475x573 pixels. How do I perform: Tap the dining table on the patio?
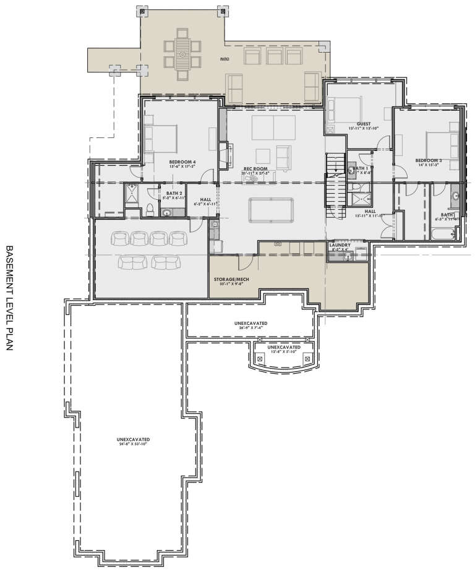(183, 55)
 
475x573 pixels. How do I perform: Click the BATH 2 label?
(173, 193)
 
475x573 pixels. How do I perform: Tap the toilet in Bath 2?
(149, 209)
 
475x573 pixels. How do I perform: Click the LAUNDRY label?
(340, 245)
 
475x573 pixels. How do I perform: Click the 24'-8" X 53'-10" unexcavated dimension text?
(134, 444)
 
